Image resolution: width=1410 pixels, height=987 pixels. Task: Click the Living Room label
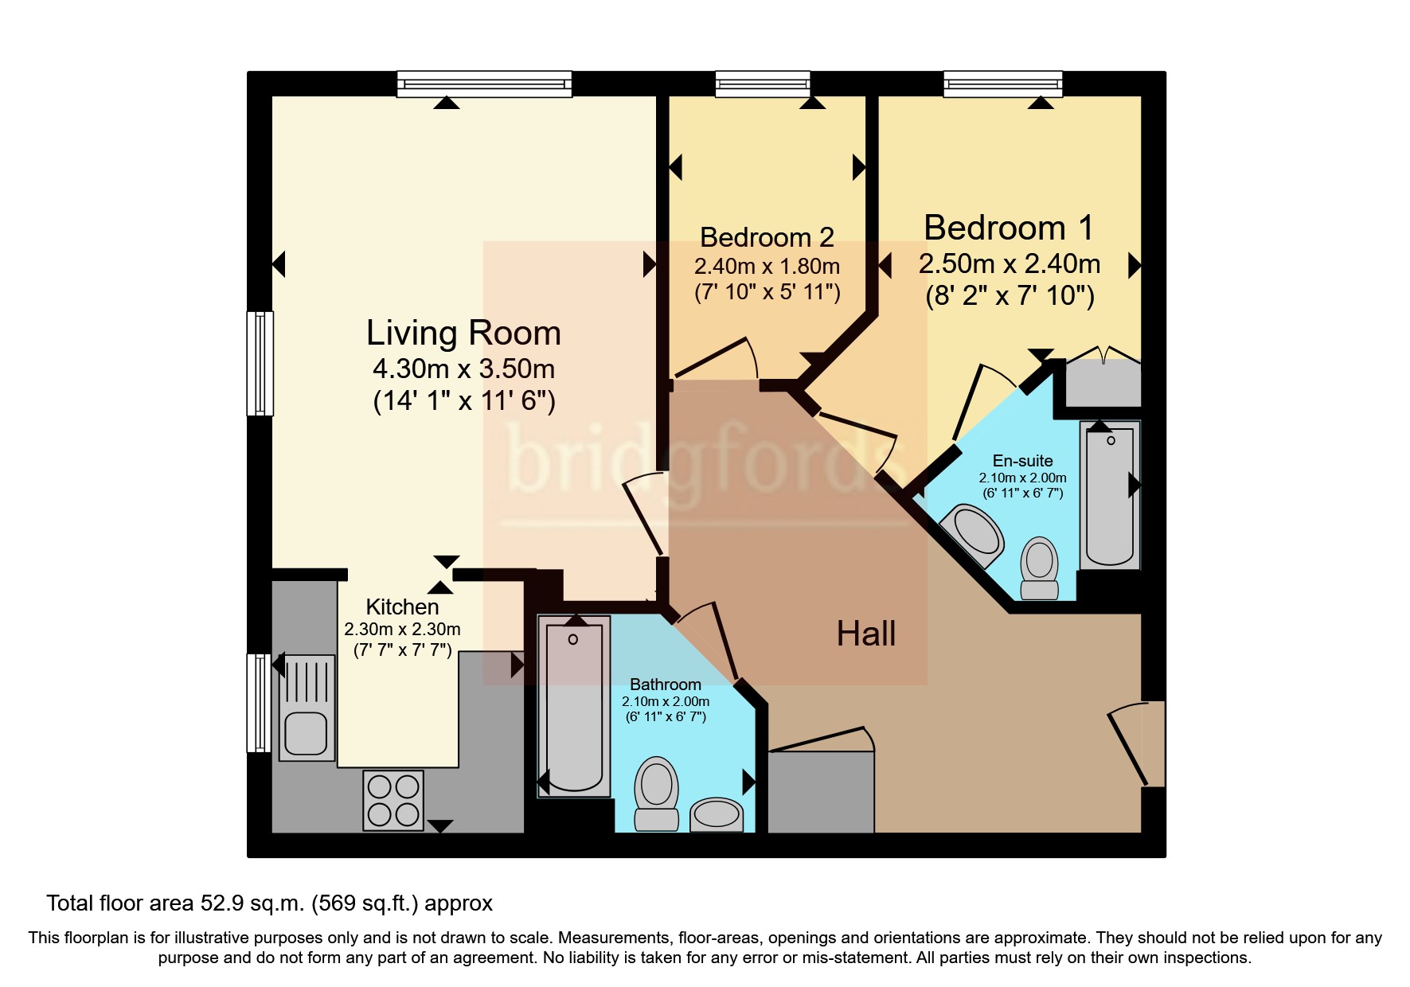[463, 334]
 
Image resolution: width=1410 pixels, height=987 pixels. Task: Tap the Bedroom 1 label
[1009, 228]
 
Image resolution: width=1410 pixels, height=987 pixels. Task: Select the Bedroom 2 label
[767, 237]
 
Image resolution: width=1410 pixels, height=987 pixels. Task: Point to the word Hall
[866, 634]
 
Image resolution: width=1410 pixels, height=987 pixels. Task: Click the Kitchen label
[402, 607]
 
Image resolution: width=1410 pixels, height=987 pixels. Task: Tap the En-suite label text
[1022, 461]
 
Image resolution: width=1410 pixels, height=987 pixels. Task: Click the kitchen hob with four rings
[393, 801]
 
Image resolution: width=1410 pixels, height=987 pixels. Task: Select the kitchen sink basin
[307, 732]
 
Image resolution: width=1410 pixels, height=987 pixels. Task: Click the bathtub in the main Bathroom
[574, 706]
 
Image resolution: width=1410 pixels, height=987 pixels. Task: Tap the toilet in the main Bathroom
[656, 793]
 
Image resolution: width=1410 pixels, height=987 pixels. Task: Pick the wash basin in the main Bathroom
[717, 814]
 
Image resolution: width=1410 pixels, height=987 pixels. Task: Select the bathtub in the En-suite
[1110, 494]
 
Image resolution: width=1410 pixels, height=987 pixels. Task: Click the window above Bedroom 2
[763, 84]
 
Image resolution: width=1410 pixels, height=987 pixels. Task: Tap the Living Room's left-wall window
[260, 363]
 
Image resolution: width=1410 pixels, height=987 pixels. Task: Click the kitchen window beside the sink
[259, 703]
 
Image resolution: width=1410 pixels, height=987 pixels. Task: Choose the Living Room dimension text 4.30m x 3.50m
[464, 369]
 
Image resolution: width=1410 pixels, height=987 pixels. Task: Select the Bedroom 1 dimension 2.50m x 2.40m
[1010, 263]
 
